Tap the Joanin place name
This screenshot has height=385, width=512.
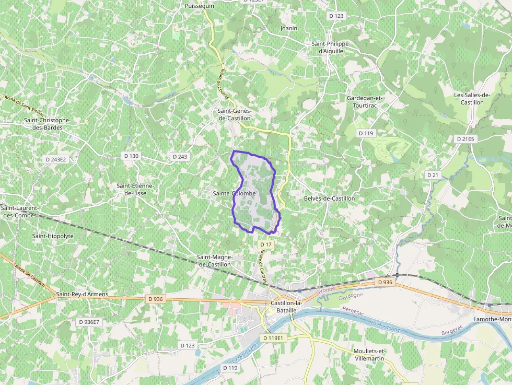coord(289,28)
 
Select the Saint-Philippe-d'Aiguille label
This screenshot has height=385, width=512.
coord(330,48)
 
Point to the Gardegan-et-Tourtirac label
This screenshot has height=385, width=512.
coord(365,101)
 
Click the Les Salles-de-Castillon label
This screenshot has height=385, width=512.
coord(472,99)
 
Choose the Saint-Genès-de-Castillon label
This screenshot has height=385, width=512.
coord(235,114)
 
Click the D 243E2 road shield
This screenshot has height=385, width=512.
coord(56,159)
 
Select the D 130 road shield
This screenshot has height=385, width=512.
coord(132,156)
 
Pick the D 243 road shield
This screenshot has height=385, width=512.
coord(179,157)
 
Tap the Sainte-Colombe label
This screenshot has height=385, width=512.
coord(234,194)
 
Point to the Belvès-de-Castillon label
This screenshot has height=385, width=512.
coord(329,199)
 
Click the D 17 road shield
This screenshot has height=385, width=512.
coord(266,244)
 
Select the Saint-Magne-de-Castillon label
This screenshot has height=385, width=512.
coord(214,261)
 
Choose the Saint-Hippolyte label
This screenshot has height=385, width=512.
coord(53,236)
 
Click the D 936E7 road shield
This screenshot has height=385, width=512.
coord(88,322)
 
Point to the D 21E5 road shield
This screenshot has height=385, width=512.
coord(465,139)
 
